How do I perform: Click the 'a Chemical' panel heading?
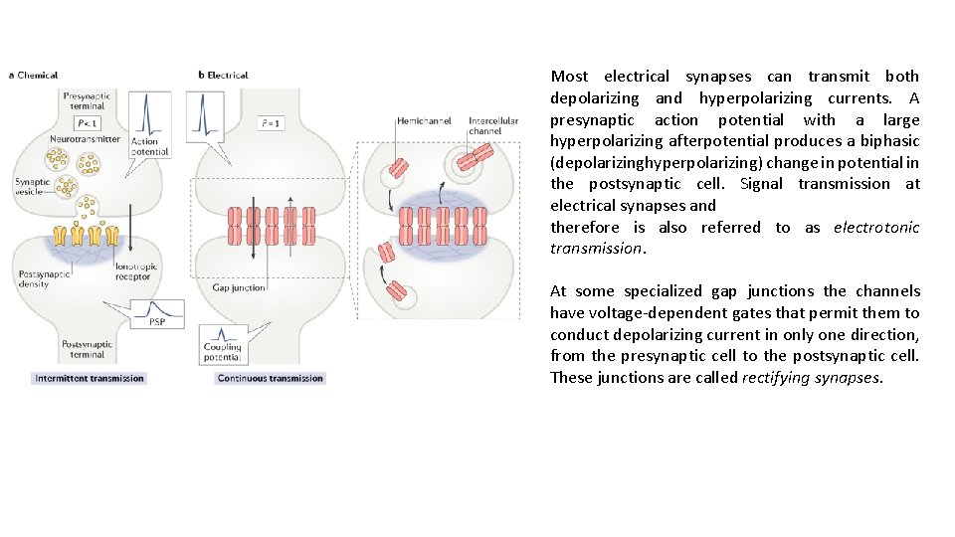[34, 75]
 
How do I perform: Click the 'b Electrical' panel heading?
[224, 75]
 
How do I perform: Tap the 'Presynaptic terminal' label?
[87, 100]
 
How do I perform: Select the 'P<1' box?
[88, 123]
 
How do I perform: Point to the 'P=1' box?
[271, 123]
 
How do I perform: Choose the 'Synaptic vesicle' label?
[32, 188]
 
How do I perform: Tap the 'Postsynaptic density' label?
[36, 279]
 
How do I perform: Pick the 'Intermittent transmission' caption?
[89, 378]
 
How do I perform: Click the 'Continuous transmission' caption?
[270, 378]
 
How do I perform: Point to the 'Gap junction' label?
[239, 287]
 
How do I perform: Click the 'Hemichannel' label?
[424, 121]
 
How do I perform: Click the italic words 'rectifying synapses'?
[811, 378]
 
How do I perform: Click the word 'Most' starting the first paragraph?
[569, 77]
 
